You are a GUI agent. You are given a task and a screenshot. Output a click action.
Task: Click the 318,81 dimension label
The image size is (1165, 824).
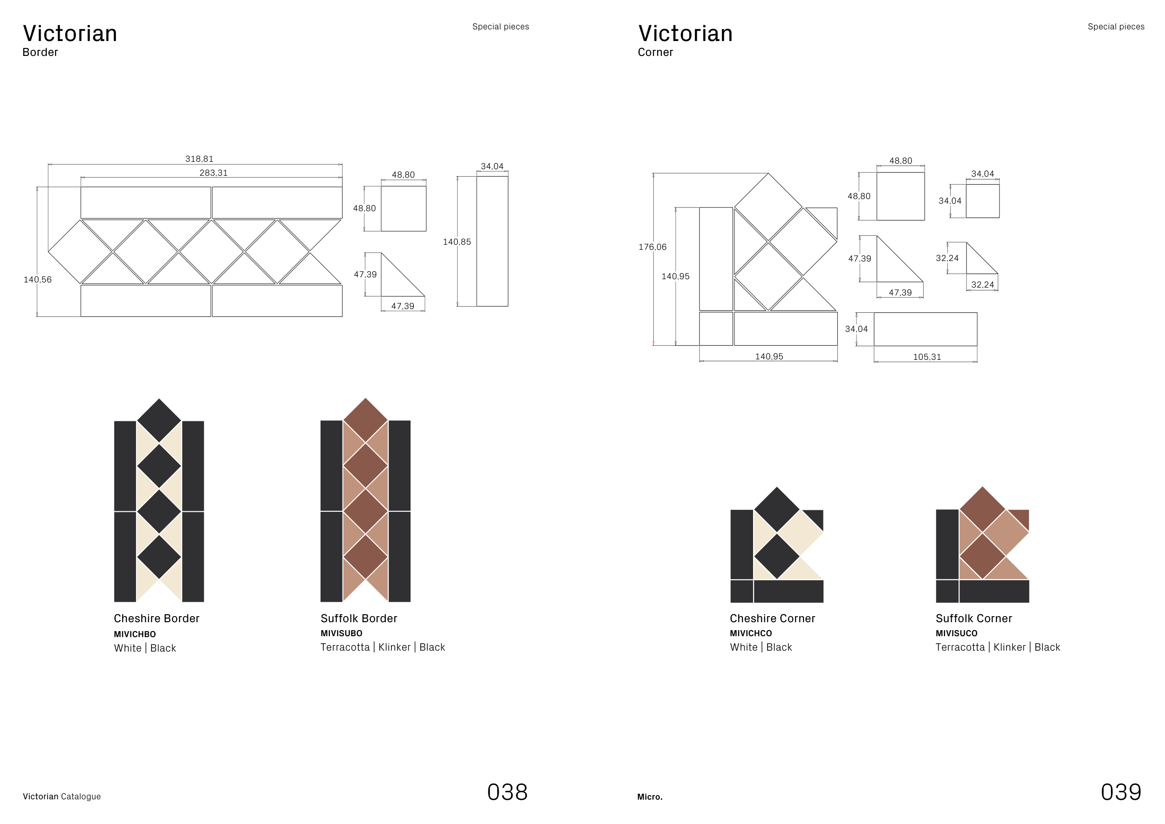tap(199, 159)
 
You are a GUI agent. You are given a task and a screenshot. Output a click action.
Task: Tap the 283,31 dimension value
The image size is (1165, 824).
tap(213, 172)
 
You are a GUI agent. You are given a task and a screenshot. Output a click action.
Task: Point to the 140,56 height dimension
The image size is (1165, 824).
tap(38, 280)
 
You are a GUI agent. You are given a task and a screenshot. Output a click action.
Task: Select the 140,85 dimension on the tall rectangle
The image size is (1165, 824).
tap(457, 241)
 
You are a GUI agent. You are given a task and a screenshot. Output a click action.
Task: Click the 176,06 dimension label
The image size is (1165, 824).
tap(652, 247)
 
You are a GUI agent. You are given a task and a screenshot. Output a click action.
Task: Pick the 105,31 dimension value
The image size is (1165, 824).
tap(926, 357)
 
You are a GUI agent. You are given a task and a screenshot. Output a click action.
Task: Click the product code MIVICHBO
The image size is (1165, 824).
tap(135, 634)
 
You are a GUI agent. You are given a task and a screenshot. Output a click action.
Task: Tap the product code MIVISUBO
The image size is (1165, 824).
tap(342, 633)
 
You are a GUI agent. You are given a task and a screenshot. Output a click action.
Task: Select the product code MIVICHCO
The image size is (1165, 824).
tap(750, 633)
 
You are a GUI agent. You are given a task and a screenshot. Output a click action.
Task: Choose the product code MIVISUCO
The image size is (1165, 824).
tap(956, 633)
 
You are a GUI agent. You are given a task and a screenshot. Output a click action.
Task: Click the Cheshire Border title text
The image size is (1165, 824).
tap(156, 618)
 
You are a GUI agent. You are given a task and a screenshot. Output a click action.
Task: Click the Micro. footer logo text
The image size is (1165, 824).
tap(650, 797)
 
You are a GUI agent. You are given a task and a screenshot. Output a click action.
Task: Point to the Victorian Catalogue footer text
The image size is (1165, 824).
tap(62, 797)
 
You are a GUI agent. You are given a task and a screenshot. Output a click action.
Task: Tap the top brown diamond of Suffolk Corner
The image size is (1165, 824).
tap(982, 509)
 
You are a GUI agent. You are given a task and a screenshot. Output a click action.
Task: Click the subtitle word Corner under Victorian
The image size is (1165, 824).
tap(655, 52)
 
